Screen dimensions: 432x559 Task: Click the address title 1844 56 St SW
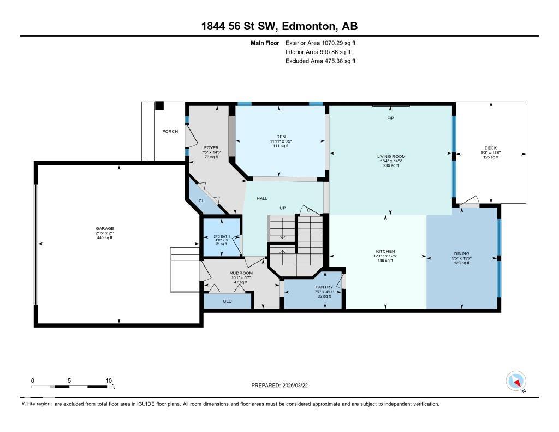tap(279, 26)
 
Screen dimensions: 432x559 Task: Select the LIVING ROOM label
tap(391, 157)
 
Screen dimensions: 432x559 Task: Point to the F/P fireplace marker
tap(390, 118)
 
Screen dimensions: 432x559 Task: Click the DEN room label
tap(281, 137)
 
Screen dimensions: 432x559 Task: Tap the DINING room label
tap(461, 253)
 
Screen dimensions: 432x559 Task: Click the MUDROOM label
tap(241, 273)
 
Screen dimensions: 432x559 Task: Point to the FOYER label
tap(211, 147)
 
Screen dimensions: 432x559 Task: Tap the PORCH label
tap(170, 131)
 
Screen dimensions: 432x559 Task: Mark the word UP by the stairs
tap(283, 208)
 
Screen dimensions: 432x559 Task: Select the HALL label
tap(261, 198)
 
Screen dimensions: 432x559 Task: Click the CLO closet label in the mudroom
tap(228, 300)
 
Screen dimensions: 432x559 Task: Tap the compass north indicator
tap(516, 381)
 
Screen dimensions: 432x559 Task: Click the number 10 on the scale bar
tap(108, 381)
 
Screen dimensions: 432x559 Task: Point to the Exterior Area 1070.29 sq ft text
tap(320, 43)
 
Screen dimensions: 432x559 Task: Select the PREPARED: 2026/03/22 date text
tap(279, 385)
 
